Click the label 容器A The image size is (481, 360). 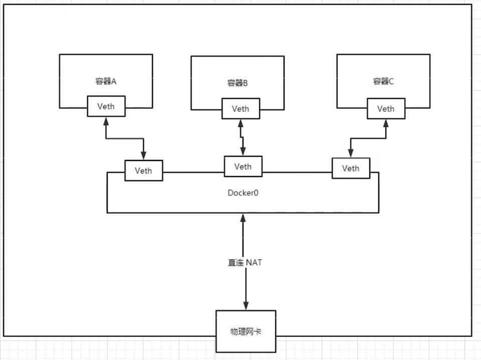pos(106,81)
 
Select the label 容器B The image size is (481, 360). pos(237,83)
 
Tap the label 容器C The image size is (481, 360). pos(383,81)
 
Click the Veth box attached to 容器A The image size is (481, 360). pos(106,106)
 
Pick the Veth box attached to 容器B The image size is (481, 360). pos(241,108)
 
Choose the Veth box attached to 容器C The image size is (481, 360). pos(385,108)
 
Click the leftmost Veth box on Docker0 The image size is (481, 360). pos(143,170)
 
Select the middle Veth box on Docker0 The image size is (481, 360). pos(243,166)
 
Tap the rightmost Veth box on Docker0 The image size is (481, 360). pos(351,168)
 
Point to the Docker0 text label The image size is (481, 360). pos(243,192)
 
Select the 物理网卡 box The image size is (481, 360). pos(246,331)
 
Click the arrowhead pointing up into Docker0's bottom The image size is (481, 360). pos(243,218)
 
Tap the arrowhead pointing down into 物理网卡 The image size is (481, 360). pos(246,305)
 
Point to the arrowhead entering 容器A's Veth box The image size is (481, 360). pos(106,121)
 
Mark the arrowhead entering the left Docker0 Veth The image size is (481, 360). pos(143,156)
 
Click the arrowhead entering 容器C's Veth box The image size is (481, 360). pos(385,123)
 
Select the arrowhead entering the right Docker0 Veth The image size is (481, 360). pos(351,153)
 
